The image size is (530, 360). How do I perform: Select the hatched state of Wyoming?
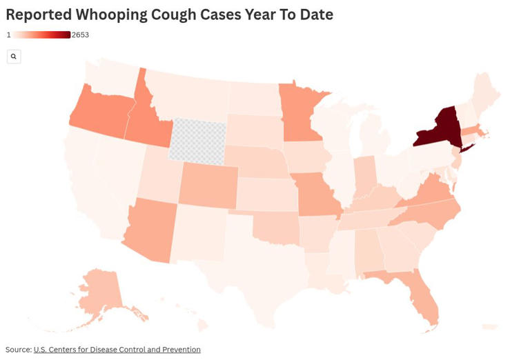click(x=197, y=141)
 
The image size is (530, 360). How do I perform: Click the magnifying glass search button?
click(x=14, y=57)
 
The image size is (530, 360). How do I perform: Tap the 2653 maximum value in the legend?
click(x=80, y=35)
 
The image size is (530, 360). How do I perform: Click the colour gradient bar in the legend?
click(x=41, y=35)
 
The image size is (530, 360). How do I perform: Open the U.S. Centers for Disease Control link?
click(x=117, y=350)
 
